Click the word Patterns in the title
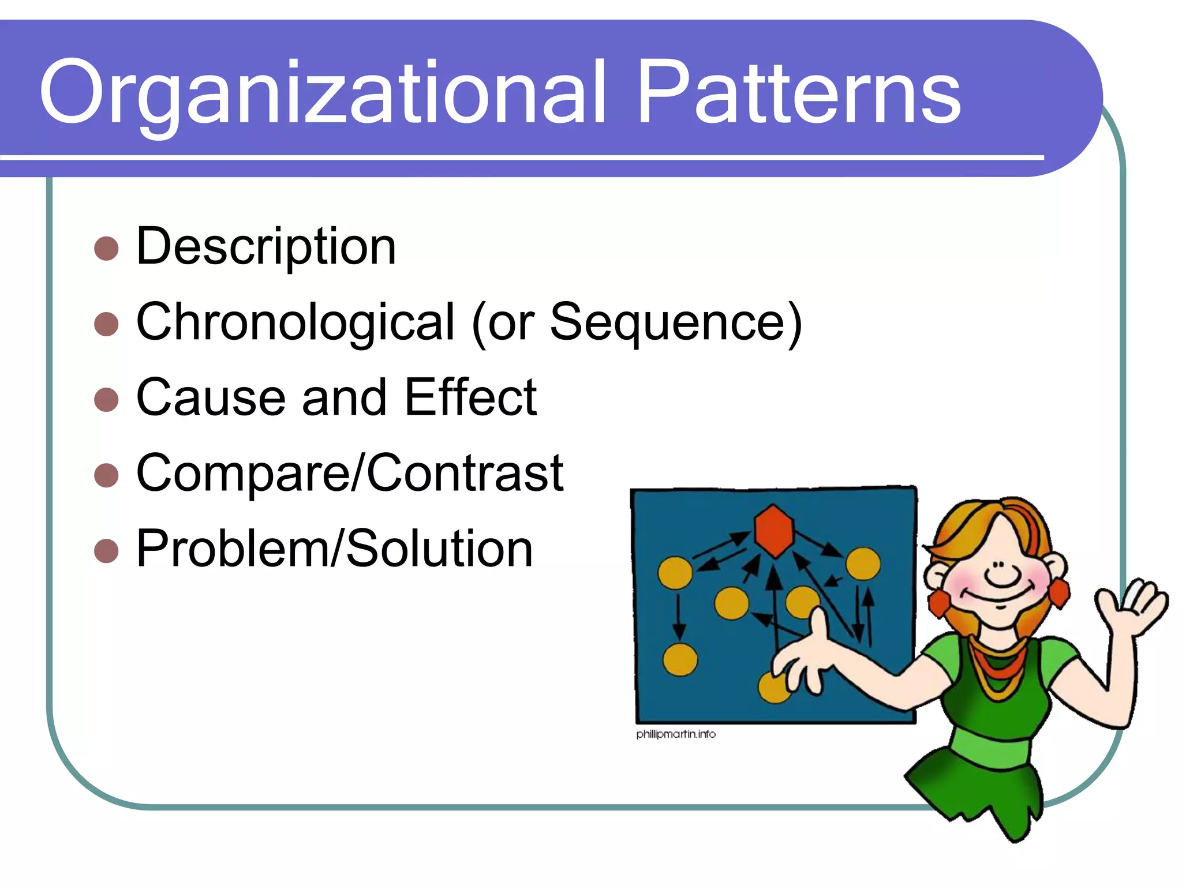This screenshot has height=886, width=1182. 799,92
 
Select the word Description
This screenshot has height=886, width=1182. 266,247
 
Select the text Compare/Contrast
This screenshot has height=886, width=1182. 349,473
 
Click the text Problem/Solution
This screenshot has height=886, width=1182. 334,549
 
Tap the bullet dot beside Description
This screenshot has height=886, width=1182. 106,249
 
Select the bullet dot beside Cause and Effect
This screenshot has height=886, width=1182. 106,399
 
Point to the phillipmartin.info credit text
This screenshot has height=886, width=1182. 676,734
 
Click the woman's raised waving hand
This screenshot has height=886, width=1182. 1131,606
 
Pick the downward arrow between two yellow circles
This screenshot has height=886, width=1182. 679,617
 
